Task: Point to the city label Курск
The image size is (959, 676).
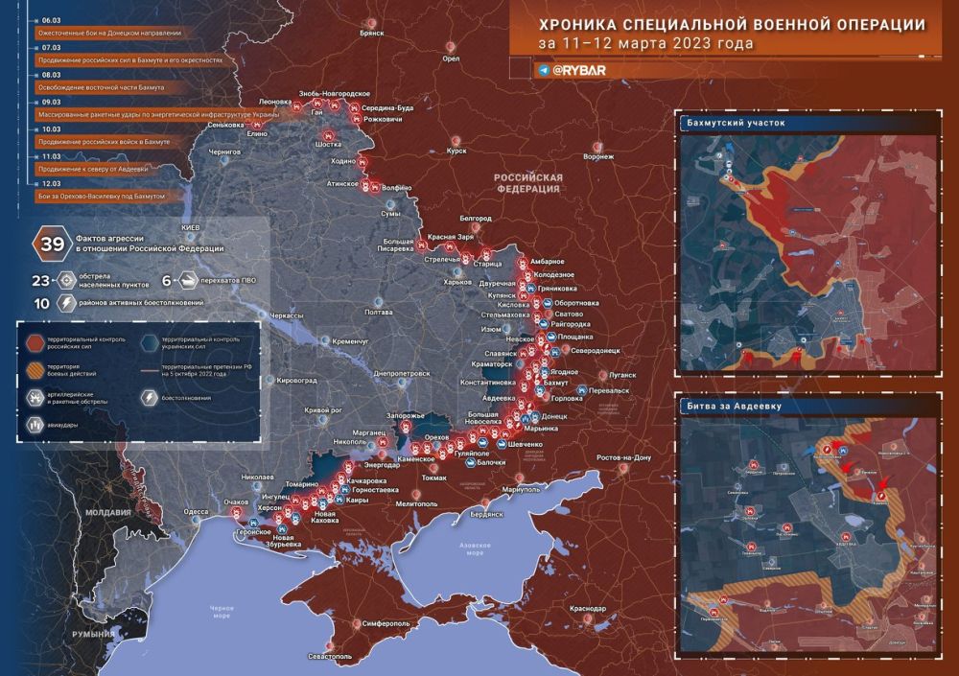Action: [x=456, y=151]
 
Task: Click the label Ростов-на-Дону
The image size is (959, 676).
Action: [x=623, y=457]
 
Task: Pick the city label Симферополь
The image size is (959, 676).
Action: [x=386, y=623]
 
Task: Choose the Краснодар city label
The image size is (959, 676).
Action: [x=586, y=609]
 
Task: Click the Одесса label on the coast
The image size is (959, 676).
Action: [x=197, y=512]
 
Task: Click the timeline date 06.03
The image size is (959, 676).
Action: [x=51, y=19]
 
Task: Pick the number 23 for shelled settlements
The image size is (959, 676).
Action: [x=40, y=281]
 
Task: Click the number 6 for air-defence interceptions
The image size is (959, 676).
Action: [x=167, y=281]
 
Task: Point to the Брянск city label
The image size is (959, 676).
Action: [x=371, y=33]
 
